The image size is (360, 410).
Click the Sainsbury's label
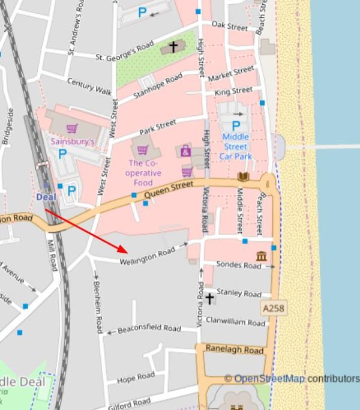tap(73, 142)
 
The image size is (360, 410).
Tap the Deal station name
tap(46, 196)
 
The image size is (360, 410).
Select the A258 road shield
tap(273, 308)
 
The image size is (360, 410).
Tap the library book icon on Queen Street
tap(243, 176)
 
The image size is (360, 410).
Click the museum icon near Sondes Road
tap(262, 256)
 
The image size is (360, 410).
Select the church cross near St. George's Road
tap(173, 46)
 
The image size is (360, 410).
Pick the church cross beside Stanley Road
tap(209, 298)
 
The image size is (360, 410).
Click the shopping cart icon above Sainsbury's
tap(72, 128)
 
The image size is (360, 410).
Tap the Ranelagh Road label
tap(235, 349)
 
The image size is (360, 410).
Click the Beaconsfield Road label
tap(149, 329)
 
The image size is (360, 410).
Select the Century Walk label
tap(89, 86)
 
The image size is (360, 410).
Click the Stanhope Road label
tap(158, 85)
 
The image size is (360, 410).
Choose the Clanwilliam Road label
tap(235, 322)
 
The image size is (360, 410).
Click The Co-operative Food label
tap(145, 173)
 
